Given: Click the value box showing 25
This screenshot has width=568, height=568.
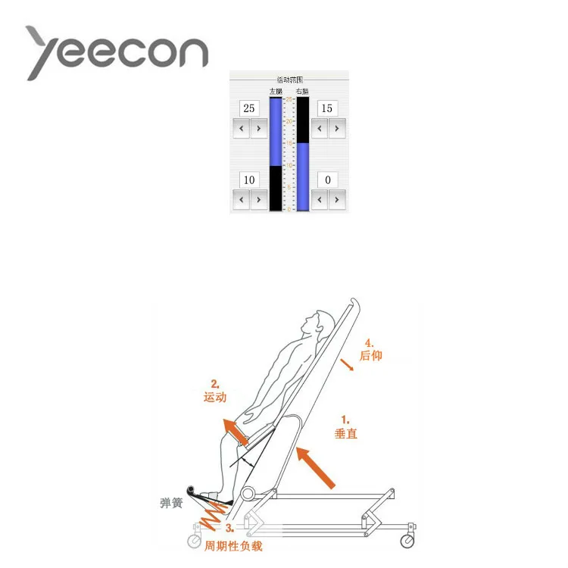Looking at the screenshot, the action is (249, 108).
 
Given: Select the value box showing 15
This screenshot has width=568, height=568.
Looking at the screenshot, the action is (326, 108).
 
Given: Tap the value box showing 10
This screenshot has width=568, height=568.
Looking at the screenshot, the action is (249, 179).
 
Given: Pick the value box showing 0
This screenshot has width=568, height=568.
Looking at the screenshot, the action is (326, 179).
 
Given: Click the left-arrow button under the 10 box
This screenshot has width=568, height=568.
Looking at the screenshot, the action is (240, 200).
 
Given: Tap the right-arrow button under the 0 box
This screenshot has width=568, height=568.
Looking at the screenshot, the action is (337, 200).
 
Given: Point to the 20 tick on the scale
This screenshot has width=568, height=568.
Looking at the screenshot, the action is (289, 121).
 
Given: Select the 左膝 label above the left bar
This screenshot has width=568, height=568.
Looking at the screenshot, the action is (275, 91).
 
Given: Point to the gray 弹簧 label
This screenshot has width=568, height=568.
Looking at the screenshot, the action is (170, 504).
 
